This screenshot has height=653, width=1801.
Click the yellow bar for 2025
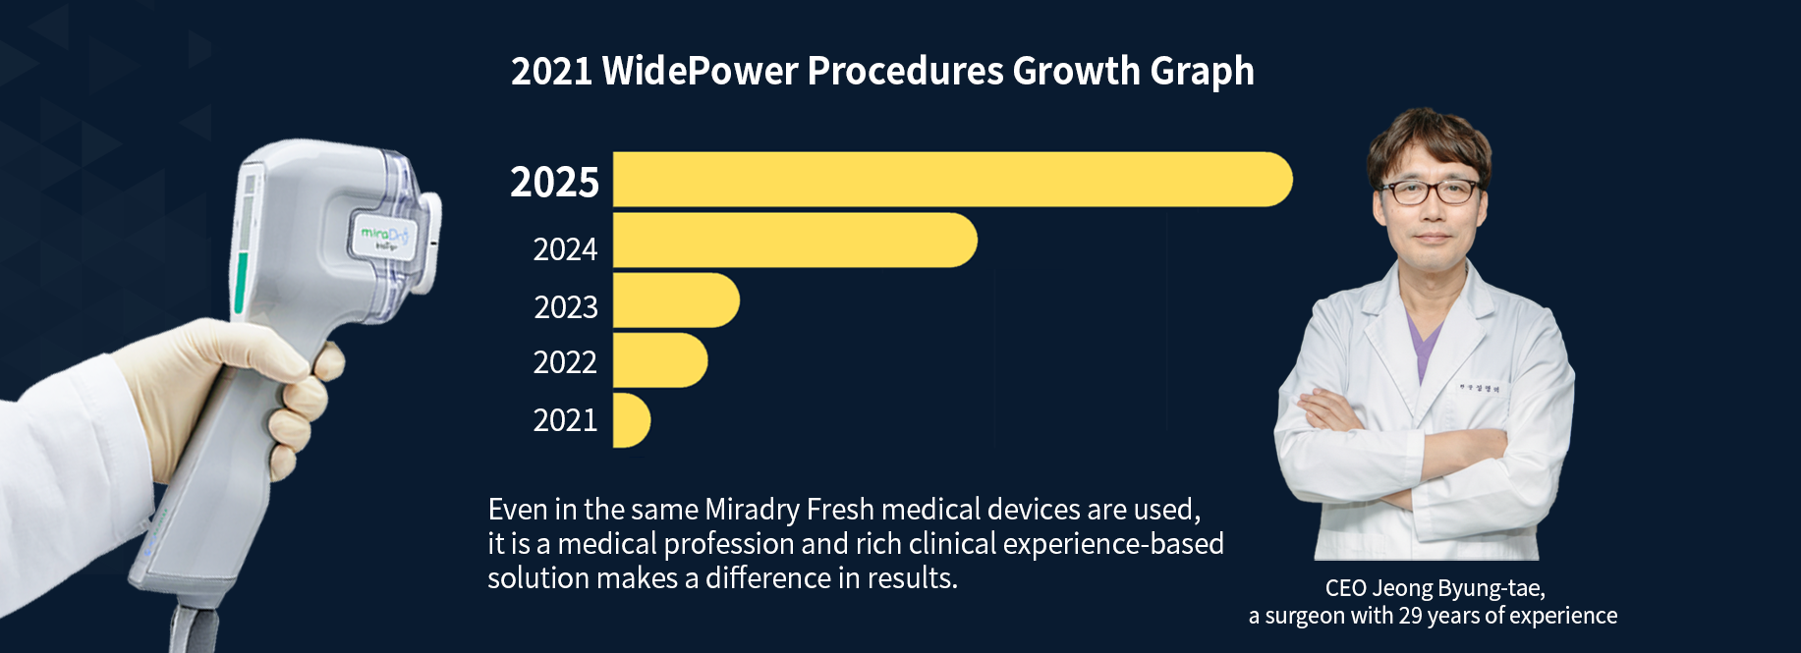point(951,180)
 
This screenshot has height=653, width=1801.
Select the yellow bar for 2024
point(794,241)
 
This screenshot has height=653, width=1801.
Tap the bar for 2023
point(675,300)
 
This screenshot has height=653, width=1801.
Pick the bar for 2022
point(659,360)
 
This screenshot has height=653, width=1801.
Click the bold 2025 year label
point(554,183)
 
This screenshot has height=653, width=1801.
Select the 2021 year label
point(565,420)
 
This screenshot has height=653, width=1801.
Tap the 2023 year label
point(566,307)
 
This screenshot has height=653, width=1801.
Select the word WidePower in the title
point(700,71)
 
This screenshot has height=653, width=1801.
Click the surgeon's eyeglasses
point(1430,191)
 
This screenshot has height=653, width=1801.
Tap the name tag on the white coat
point(1479,389)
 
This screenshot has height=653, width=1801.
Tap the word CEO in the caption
point(1345,588)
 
